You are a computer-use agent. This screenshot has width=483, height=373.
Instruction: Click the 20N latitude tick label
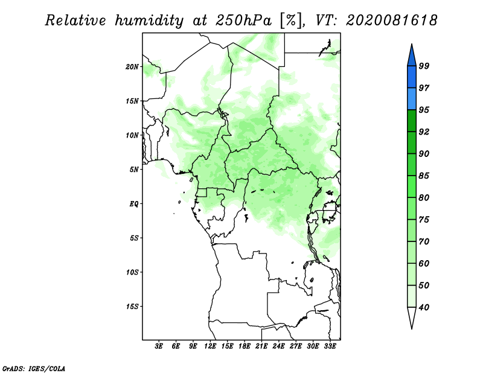point(132,67)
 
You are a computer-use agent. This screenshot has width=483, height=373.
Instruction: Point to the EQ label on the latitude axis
point(134,204)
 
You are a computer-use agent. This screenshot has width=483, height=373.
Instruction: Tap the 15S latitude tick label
point(132,307)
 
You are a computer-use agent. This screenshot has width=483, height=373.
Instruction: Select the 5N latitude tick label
point(134,170)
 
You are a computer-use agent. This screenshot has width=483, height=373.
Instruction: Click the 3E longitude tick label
point(159,346)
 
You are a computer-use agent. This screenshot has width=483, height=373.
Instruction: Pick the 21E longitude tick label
point(261,346)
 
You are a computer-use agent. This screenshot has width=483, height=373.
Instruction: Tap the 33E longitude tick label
point(330,346)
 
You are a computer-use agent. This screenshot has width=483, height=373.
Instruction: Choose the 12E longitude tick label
point(210,346)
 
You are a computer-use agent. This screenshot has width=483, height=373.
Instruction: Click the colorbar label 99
point(424,66)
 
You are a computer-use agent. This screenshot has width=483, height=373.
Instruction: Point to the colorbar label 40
point(424,307)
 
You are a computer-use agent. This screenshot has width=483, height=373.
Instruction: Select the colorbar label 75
point(424,220)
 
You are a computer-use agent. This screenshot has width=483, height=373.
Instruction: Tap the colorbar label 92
point(424,132)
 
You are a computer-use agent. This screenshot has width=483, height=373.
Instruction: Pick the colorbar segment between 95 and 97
point(412,99)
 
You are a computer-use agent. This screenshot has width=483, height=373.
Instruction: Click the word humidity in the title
point(149,21)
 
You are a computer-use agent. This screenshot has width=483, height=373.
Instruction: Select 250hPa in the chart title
point(243,21)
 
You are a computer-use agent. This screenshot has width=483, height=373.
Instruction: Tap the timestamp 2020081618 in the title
point(391,21)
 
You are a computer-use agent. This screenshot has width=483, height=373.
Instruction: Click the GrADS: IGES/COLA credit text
point(34,369)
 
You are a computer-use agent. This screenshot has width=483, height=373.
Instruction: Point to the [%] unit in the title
point(290,21)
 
